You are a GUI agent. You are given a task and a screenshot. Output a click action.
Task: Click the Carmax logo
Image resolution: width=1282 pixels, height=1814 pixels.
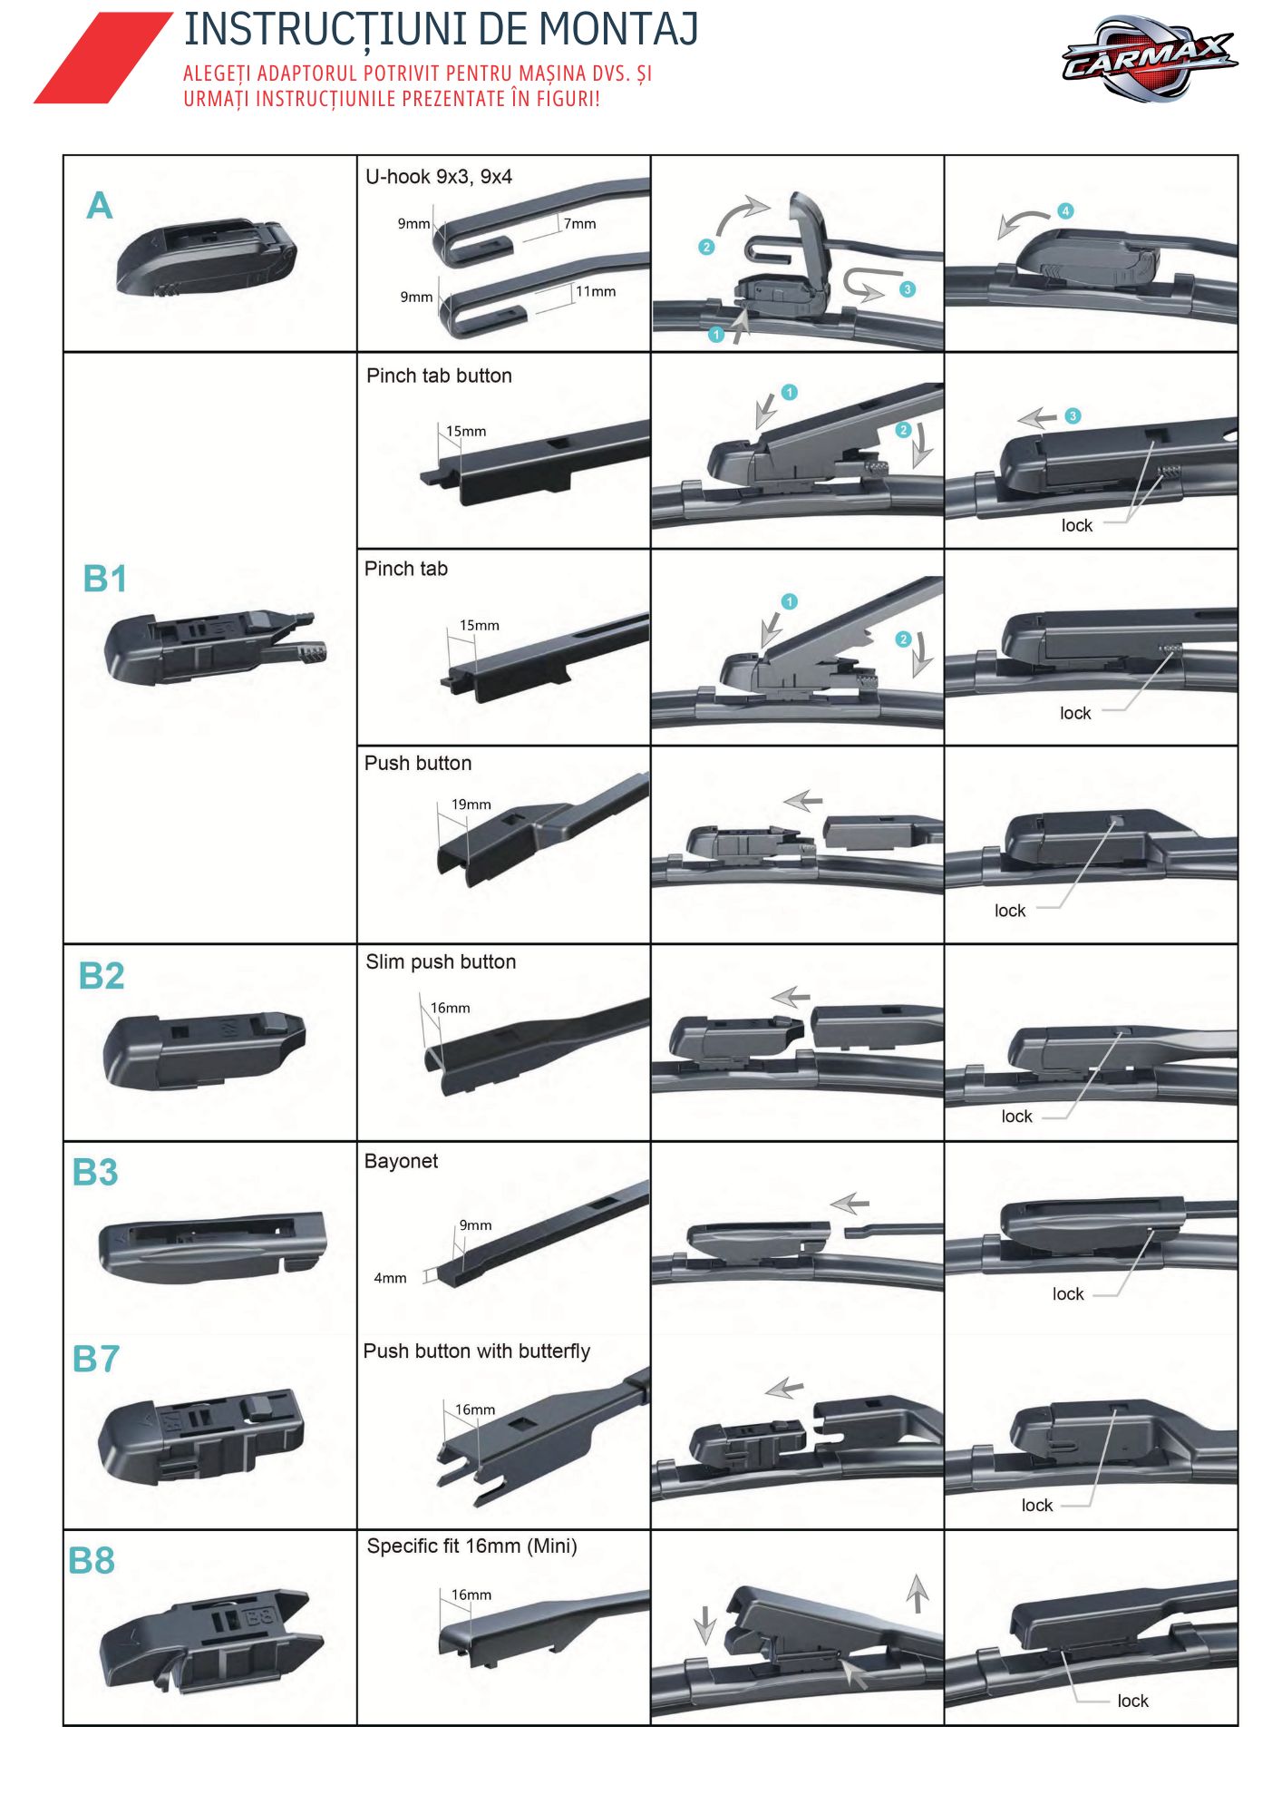(x=1149, y=59)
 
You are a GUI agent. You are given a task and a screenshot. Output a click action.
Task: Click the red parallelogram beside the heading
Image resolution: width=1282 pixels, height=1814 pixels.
(x=102, y=57)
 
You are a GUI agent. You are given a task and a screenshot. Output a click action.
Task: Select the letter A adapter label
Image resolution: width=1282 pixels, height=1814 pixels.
(x=99, y=206)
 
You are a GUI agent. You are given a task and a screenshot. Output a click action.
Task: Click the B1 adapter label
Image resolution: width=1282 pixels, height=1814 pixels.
(x=104, y=579)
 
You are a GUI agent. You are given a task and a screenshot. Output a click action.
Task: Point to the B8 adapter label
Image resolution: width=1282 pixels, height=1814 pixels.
(x=92, y=1561)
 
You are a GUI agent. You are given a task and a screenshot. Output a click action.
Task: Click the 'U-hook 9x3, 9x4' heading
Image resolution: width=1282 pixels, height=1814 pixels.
(x=439, y=177)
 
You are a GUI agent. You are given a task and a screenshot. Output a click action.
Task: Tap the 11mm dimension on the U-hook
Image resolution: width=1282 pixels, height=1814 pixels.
(x=596, y=292)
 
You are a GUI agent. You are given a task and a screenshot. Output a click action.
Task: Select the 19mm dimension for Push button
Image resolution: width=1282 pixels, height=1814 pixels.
(x=471, y=805)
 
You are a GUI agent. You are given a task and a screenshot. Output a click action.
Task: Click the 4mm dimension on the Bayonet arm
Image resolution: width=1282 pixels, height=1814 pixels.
(x=390, y=1278)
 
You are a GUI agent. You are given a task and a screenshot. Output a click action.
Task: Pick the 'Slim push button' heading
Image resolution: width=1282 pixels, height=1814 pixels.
(x=441, y=961)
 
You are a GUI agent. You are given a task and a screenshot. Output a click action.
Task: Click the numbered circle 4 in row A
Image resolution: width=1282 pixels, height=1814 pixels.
(x=1065, y=211)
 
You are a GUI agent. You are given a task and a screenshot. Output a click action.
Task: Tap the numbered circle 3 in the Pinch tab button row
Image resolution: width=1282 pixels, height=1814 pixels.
(x=1073, y=416)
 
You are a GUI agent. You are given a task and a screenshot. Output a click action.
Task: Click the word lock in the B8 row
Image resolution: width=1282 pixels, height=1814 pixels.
(x=1132, y=1701)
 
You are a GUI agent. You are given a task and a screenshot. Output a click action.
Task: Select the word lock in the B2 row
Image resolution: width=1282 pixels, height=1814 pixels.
(x=1016, y=1117)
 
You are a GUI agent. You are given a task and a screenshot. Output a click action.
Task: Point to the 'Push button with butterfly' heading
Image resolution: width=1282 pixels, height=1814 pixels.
(x=476, y=1351)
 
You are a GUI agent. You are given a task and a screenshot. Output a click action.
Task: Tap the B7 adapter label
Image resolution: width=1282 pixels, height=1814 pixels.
(x=96, y=1359)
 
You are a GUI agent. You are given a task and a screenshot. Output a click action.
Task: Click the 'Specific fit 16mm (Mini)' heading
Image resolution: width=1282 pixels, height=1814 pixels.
(x=471, y=1546)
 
